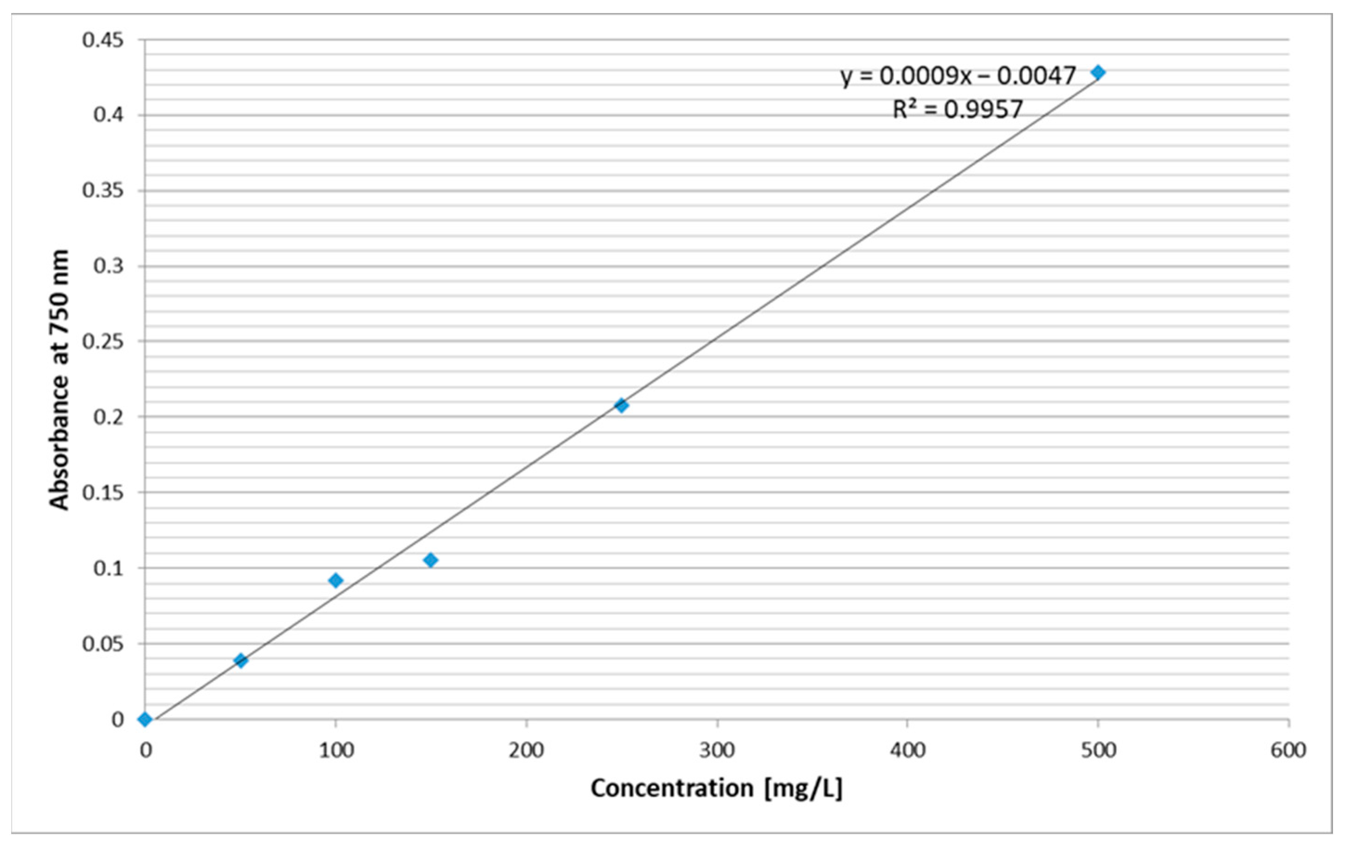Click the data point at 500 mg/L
(x=1098, y=72)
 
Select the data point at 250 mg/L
(x=621, y=406)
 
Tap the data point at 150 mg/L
(x=430, y=560)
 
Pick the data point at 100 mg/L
(x=335, y=580)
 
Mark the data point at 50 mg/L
(x=241, y=660)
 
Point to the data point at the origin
(x=145, y=719)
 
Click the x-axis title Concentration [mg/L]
(x=717, y=788)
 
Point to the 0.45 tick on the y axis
(x=103, y=40)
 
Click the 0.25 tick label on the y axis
(x=103, y=341)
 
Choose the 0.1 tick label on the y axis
(x=109, y=568)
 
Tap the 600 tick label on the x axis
(x=1288, y=750)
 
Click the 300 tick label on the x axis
(x=717, y=750)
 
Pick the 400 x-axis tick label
(x=907, y=750)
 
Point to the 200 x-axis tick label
(x=526, y=750)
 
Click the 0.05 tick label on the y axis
(x=103, y=643)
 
